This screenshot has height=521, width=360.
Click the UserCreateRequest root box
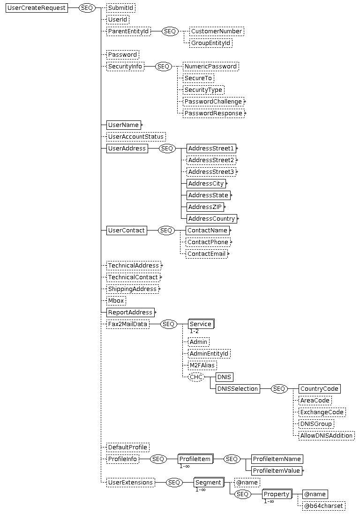point(37,8)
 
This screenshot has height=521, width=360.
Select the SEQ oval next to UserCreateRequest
point(87,8)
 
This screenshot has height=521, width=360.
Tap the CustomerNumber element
point(217,31)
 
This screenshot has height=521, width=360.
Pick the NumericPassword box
point(211,67)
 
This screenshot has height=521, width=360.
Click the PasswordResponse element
point(213,113)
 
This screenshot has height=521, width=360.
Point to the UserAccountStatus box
point(136,136)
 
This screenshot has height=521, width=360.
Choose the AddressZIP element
point(205,207)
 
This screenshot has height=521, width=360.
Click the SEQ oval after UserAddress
point(167,149)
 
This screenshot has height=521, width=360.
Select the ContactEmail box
point(206,254)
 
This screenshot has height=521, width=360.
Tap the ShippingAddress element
point(132,289)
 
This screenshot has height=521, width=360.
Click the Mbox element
point(116,301)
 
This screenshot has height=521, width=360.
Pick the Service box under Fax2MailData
point(201,324)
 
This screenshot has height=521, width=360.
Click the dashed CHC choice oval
point(196,377)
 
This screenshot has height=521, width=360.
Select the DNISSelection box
point(238,389)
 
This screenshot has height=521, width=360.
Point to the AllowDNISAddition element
point(326,436)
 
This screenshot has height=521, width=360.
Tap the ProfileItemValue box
point(277,471)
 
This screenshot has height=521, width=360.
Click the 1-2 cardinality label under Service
point(194,331)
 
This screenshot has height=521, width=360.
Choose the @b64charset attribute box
point(324,506)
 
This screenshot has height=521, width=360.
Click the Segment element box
point(209,483)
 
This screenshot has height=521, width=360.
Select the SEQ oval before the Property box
point(242,494)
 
